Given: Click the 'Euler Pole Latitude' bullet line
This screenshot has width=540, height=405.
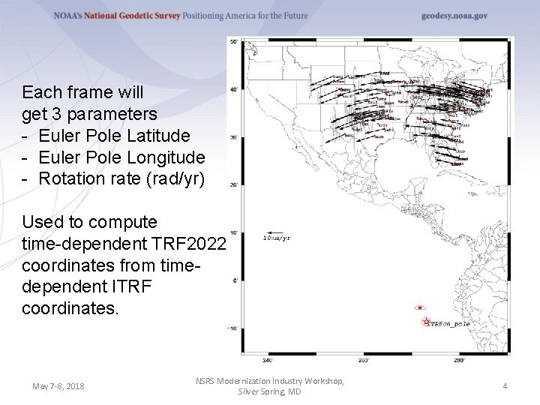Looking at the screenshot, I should click(x=114, y=136).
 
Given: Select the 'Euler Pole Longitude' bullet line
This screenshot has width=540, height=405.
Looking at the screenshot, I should click(x=121, y=157).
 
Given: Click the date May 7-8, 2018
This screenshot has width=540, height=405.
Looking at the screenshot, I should click(x=58, y=386).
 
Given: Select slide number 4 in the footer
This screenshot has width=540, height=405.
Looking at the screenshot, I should click(x=505, y=386).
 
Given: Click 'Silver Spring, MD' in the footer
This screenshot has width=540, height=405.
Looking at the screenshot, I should click(x=269, y=392).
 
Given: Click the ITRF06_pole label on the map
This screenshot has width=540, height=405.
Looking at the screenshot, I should click(x=451, y=323).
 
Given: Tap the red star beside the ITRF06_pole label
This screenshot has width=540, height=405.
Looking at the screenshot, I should click(x=426, y=322).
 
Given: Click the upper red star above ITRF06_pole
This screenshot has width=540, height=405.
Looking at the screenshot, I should click(x=420, y=307).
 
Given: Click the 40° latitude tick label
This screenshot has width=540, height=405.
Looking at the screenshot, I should click(x=233, y=89).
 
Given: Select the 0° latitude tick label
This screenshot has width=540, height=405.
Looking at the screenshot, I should click(x=235, y=280).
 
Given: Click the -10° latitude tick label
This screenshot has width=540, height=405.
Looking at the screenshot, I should click(x=232, y=328).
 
